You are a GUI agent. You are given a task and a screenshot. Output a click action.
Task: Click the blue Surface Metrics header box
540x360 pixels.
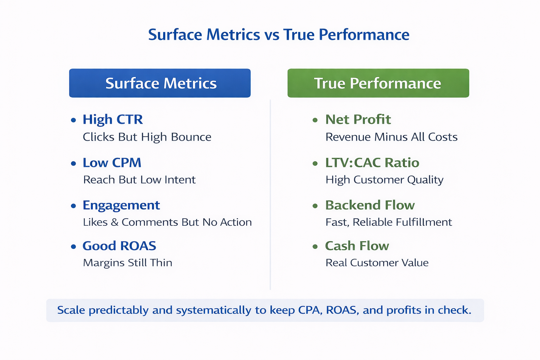[160, 83]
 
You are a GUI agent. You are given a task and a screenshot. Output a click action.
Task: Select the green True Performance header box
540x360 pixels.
[378, 83]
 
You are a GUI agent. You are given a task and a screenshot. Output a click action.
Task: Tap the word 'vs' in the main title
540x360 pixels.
[271, 35]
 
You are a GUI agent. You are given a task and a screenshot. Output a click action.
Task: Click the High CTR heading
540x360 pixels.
[112, 120]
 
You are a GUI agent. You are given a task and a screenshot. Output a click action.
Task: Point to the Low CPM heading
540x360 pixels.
[112, 163]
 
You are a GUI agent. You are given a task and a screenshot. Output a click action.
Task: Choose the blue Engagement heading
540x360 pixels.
[121, 205]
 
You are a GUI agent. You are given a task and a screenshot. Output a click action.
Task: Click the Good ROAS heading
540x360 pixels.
[119, 246]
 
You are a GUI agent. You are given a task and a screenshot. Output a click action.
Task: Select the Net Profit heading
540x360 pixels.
[358, 120]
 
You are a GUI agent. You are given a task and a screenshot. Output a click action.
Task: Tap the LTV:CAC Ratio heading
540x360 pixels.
[372, 163]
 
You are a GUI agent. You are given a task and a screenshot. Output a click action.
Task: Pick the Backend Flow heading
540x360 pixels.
[370, 205]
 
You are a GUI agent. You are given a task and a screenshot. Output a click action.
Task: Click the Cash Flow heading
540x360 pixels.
[357, 246]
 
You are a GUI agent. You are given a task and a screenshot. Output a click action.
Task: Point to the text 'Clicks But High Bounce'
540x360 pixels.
[147, 137]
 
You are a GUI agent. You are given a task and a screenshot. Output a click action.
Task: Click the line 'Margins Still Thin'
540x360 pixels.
[128, 263]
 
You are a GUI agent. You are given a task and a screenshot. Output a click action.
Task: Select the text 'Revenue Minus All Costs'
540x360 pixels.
[391, 137]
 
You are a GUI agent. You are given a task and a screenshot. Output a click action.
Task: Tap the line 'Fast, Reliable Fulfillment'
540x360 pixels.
[388, 222]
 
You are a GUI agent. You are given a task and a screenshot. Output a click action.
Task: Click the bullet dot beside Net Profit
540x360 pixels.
[315, 120]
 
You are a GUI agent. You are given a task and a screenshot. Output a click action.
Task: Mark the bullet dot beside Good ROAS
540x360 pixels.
[73, 247]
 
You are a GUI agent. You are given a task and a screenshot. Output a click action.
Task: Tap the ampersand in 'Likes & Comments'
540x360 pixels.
[115, 222]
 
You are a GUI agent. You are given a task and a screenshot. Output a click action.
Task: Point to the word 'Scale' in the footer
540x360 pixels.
[71, 310]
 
